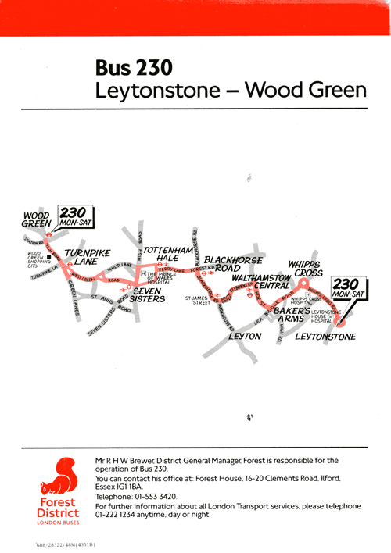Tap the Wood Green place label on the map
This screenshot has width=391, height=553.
(36, 218)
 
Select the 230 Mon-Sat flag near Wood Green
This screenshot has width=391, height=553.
(77, 216)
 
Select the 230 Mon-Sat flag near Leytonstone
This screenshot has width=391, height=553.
(346, 288)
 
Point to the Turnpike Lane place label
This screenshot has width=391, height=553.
(87, 258)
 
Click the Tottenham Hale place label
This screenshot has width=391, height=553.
(168, 254)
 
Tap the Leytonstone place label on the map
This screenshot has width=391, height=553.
(325, 337)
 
